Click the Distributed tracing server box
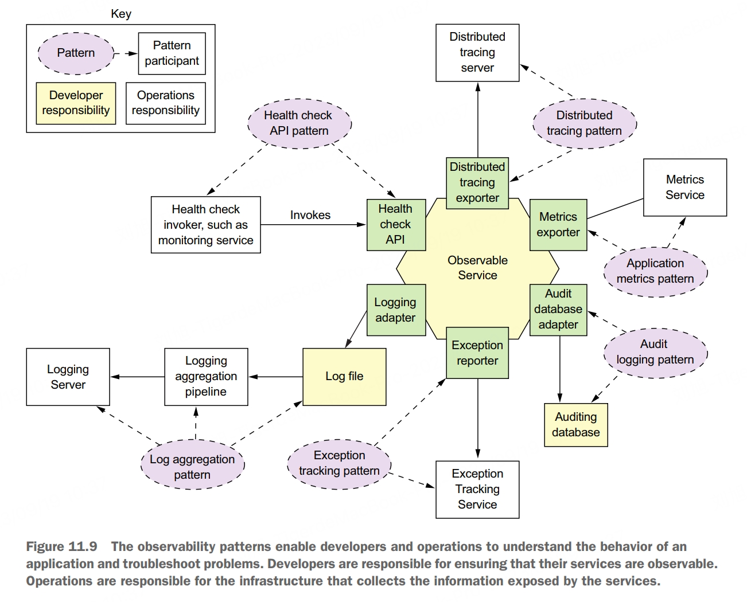(x=477, y=53)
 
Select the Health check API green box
(x=396, y=225)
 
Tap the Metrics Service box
(x=684, y=187)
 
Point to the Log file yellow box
(x=344, y=377)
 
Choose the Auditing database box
(x=575, y=425)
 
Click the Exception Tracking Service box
(x=477, y=490)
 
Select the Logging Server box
(x=68, y=377)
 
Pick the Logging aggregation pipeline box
(x=206, y=377)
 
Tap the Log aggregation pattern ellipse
(x=192, y=467)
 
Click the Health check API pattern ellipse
(x=299, y=123)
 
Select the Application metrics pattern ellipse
(x=655, y=271)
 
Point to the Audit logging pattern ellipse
(x=655, y=352)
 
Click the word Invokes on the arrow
(x=310, y=215)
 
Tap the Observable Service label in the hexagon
(x=477, y=268)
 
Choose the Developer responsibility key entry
(x=76, y=103)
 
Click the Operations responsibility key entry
(x=166, y=103)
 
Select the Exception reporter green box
(x=477, y=353)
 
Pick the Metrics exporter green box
(x=558, y=225)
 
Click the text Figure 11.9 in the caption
(x=61, y=547)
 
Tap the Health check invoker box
(x=206, y=225)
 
